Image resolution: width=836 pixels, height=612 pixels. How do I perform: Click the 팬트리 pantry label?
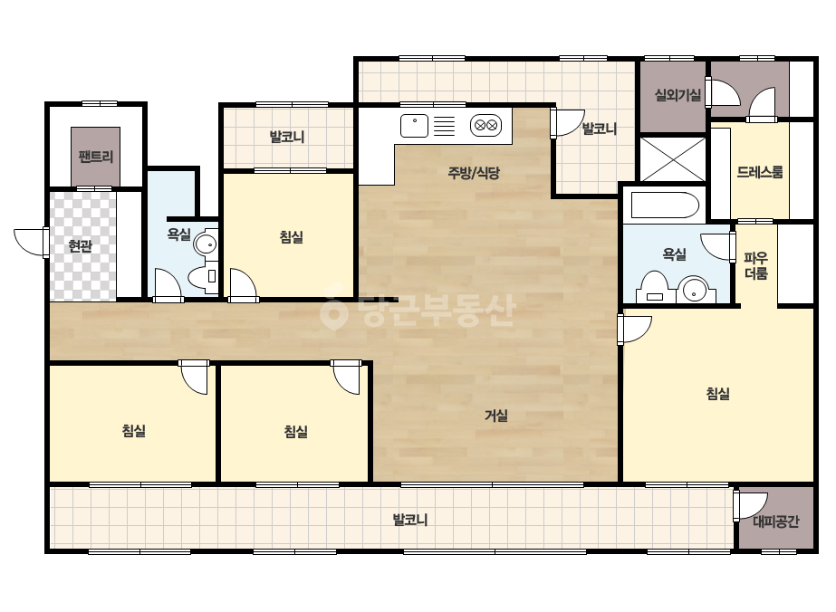point(96,157)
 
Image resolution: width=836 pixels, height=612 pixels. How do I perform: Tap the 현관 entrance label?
point(81,246)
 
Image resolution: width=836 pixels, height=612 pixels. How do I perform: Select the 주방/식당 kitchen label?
point(474,173)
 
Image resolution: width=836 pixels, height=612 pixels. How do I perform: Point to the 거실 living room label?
point(495,416)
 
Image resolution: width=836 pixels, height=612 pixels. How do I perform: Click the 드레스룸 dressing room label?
point(760,172)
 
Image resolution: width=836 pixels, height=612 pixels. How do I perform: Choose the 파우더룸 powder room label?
point(756,266)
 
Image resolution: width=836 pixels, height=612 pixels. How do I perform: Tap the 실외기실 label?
point(677,95)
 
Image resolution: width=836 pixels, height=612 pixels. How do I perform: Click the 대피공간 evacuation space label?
point(775,521)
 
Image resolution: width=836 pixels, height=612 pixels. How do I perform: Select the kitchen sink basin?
point(414,126)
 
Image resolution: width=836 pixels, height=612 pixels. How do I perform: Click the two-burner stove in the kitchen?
point(485,126)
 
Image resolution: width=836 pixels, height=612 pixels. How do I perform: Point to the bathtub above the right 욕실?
point(664,206)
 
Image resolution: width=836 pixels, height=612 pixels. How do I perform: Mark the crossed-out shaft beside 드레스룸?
point(673,158)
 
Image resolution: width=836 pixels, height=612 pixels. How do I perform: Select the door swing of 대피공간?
point(751,505)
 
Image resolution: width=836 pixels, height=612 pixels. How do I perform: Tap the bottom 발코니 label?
point(410,520)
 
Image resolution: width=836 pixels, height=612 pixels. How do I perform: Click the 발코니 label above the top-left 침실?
point(287,137)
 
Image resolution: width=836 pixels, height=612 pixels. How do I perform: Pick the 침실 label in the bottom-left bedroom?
point(134,431)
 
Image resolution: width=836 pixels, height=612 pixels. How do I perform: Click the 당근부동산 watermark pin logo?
point(333,311)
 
